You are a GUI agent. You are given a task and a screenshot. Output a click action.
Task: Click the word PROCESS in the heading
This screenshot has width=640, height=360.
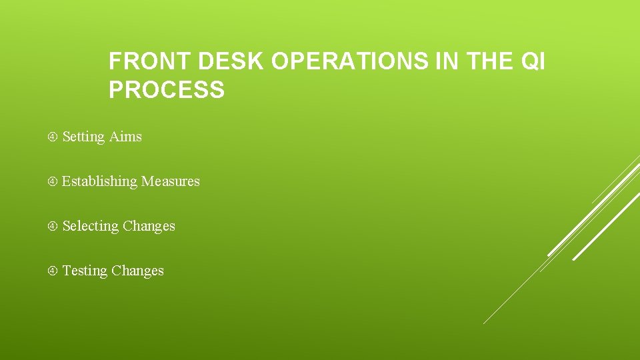pyautogui.click(x=167, y=89)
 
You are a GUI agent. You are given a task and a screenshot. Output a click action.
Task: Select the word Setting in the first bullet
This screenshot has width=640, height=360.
pyautogui.click(x=83, y=137)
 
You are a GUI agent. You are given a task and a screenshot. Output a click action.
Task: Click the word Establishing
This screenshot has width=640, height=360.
pyautogui.click(x=99, y=181)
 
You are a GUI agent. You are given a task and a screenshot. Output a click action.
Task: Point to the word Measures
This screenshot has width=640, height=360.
pyautogui.click(x=171, y=181)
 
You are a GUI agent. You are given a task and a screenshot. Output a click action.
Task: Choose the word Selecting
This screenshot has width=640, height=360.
pyautogui.click(x=90, y=226)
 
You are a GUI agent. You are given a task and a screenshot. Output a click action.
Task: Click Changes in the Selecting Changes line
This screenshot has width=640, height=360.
pyautogui.click(x=149, y=226)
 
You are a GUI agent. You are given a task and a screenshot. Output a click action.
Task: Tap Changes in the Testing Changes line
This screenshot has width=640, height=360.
pyautogui.click(x=137, y=271)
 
